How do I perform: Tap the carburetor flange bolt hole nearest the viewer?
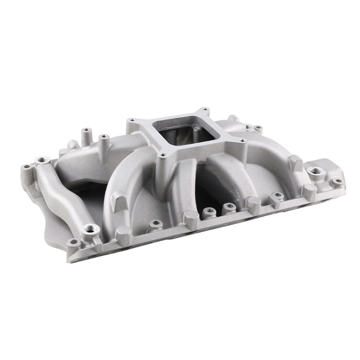162,155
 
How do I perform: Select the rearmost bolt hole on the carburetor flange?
205,109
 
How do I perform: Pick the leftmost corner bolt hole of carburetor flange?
132,121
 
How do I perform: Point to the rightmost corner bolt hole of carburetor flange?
243,141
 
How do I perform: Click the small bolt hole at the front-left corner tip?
73,243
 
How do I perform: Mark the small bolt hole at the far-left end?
27,167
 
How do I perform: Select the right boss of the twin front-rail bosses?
229,207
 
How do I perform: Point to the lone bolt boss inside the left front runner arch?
155,223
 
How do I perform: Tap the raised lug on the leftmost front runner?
118,198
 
